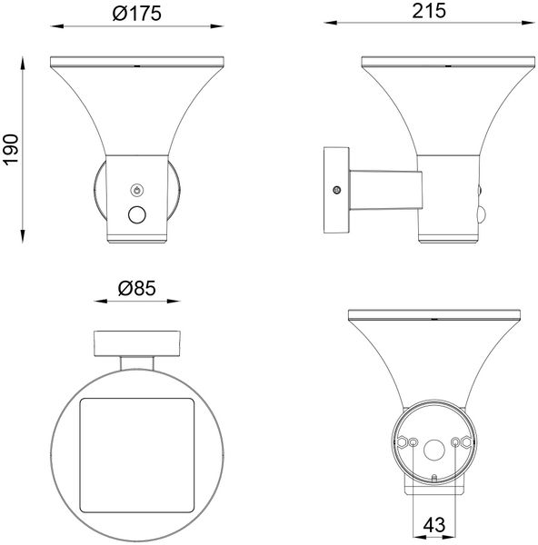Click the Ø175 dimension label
136,14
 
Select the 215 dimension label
428,11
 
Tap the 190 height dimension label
10,150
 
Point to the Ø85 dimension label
136,289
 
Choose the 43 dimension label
434,524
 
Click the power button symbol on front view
137,190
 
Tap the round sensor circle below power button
137,214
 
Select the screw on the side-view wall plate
336,190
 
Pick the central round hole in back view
434,451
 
